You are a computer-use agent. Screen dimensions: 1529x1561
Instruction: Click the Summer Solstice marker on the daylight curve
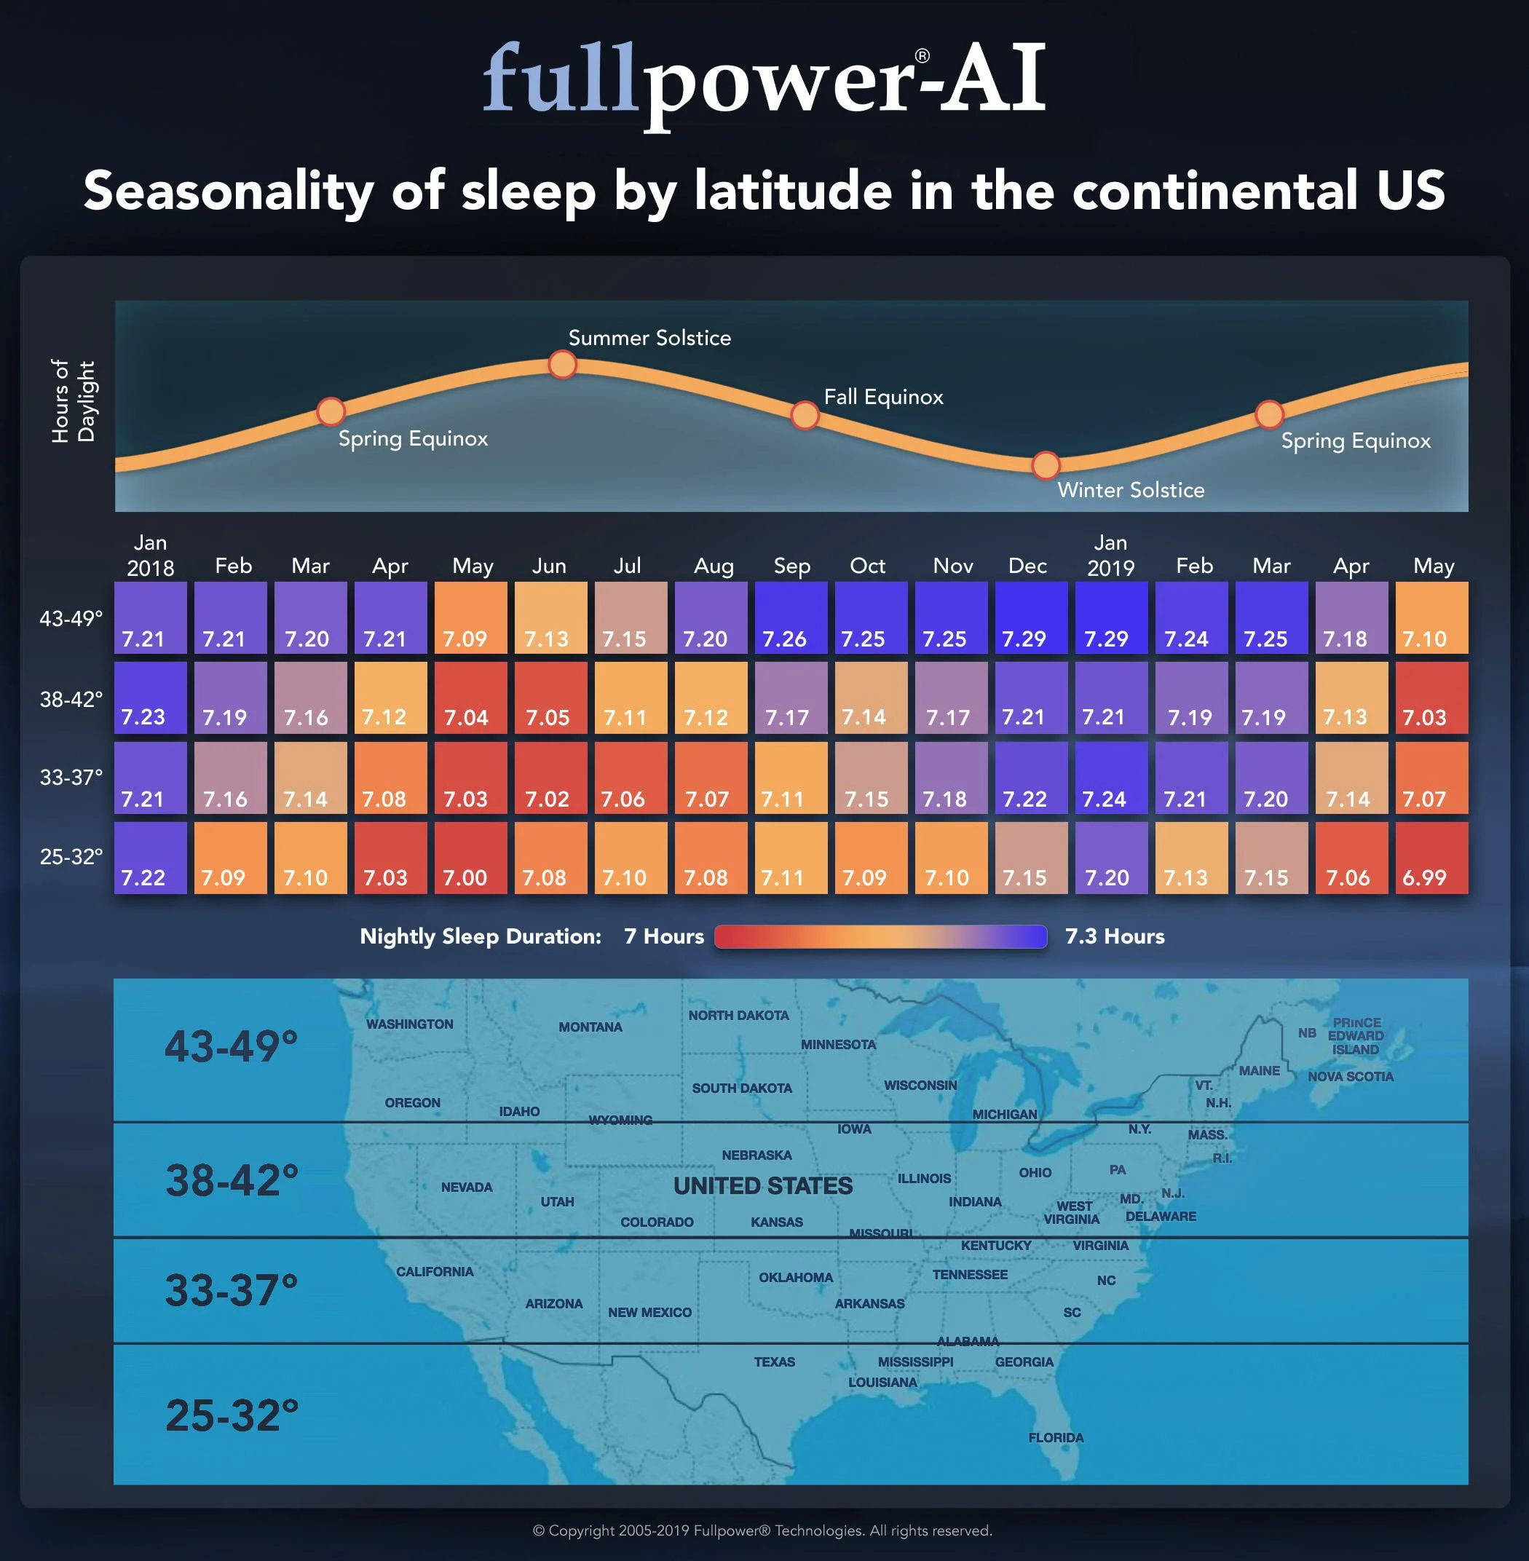pyautogui.click(x=562, y=365)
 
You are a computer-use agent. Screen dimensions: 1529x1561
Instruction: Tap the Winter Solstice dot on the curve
pyautogui.click(x=1046, y=465)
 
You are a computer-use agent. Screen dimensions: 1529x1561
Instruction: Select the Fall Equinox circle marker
pyautogui.click(x=805, y=415)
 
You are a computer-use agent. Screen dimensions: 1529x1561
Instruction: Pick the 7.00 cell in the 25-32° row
pyautogui.click(x=470, y=858)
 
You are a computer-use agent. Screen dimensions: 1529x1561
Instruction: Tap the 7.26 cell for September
pyautogui.click(x=791, y=617)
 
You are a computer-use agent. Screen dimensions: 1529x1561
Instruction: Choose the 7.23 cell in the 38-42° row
pyautogui.click(x=150, y=697)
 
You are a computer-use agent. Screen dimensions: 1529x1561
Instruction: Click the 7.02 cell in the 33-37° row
pyautogui.click(x=551, y=778)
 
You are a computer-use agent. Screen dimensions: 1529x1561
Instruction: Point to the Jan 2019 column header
pyautogui.click(x=1110, y=556)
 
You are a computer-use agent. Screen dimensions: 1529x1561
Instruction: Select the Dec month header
pyautogui.click(x=1028, y=566)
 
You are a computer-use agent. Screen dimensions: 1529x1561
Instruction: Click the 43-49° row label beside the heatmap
pyautogui.click(x=71, y=618)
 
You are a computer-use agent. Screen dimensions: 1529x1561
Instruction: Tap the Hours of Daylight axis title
pyautogui.click(x=73, y=401)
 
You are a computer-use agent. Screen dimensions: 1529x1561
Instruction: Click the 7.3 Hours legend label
pyautogui.click(x=1115, y=936)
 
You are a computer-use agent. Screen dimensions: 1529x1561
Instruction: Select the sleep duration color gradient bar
pyautogui.click(x=881, y=937)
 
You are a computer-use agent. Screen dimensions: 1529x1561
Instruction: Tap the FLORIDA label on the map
pyautogui.click(x=1056, y=1437)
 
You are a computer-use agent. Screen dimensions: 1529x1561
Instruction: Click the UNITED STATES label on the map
pyautogui.click(x=763, y=1186)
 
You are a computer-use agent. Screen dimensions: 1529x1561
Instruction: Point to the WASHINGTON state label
pyautogui.click(x=409, y=1024)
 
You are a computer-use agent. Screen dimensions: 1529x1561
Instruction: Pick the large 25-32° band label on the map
pyautogui.click(x=232, y=1415)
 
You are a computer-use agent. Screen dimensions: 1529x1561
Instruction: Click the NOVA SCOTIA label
pyautogui.click(x=1351, y=1076)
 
